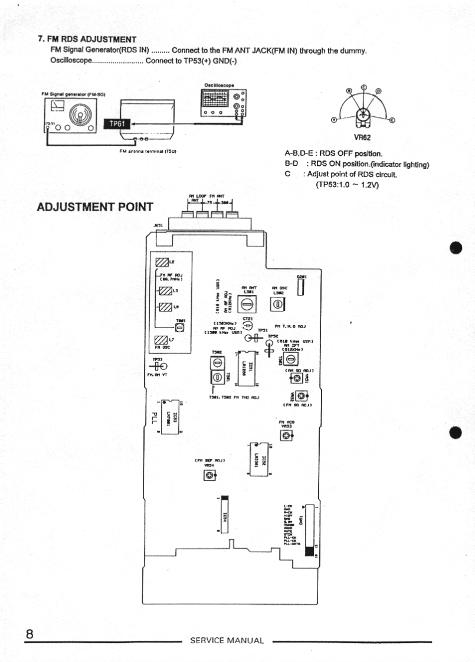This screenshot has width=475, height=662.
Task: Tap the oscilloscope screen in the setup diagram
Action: coord(217,99)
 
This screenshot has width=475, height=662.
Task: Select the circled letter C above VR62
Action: coord(364,86)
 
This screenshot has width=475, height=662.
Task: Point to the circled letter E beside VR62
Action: coord(392,120)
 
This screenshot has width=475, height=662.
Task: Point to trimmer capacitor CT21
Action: coord(248,326)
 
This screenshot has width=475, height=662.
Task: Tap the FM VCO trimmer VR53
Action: coord(286,435)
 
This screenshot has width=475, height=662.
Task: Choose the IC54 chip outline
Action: coord(224,514)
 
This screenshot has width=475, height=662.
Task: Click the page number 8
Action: coord(28,634)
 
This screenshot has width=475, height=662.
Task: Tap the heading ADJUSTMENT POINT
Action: coord(94,208)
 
